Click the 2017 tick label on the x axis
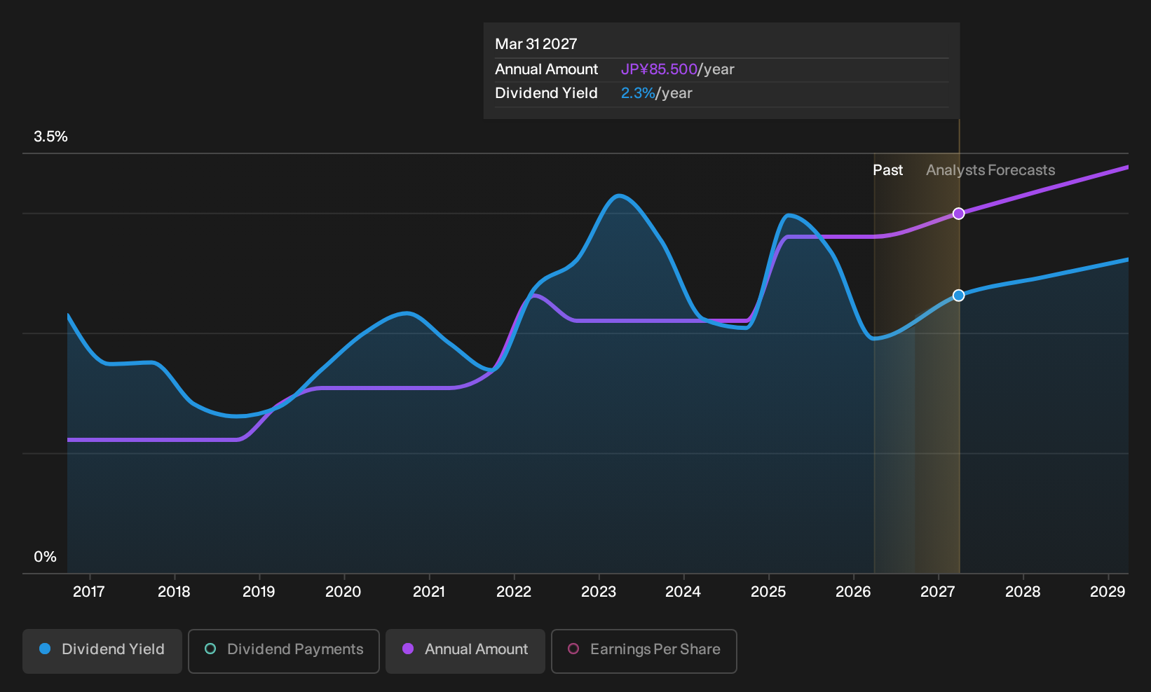[89, 592]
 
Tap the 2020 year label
[343, 592]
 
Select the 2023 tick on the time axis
[599, 592]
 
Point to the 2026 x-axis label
[853, 592]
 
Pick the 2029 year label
[1108, 592]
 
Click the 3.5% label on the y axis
[50, 137]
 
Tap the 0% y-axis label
[45, 557]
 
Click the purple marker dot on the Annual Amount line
[958, 214]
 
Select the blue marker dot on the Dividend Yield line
[958, 295]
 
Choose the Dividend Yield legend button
[102, 651]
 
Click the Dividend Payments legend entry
[284, 651]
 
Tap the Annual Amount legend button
[465, 651]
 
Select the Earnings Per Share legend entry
[643, 651]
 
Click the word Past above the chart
[887, 170]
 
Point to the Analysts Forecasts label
[990, 170]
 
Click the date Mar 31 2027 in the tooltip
[536, 44]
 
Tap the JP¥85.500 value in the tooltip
[659, 69]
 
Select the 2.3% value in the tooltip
[638, 93]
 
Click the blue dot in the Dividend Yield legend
[46, 649]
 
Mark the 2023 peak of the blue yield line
[619, 195]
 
